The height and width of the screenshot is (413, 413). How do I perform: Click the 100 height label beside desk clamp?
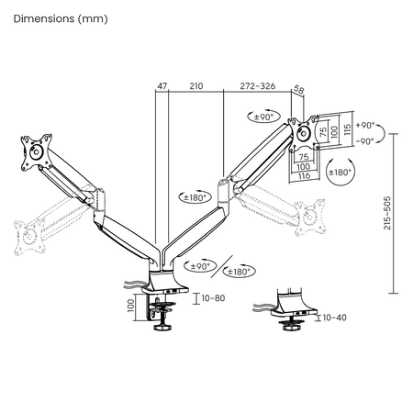click(130, 304)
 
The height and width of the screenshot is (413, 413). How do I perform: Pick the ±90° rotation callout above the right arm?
click(266, 117)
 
